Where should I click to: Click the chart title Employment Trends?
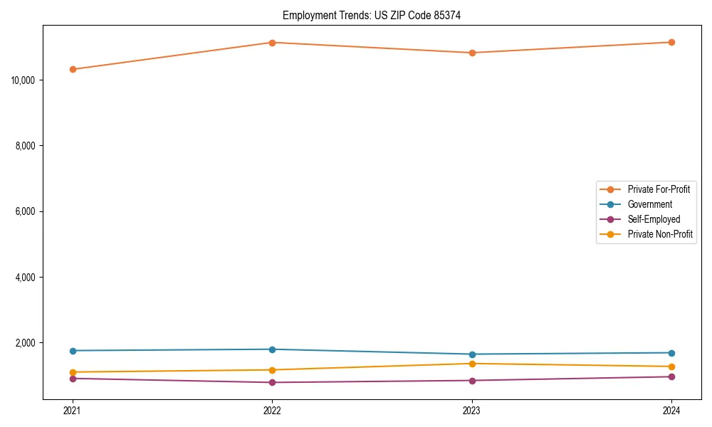372,15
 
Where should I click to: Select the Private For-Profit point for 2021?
73,69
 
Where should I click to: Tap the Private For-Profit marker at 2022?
272,43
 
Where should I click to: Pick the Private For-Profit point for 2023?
472,53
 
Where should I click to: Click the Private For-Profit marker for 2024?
671,43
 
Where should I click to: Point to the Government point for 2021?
73,351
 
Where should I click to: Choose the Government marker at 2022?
272,349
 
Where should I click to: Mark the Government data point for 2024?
671,353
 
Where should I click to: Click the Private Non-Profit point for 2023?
472,364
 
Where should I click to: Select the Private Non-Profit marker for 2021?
73,372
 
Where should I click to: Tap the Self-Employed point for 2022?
272,383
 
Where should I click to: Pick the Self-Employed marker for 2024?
671,376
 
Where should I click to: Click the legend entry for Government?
649,204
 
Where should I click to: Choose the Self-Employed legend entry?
654,219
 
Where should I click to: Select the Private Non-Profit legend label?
660,234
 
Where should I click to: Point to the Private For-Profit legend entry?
659,189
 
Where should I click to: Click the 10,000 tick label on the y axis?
26,80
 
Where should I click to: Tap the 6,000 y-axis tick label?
28,211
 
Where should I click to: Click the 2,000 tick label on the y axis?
28,343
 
